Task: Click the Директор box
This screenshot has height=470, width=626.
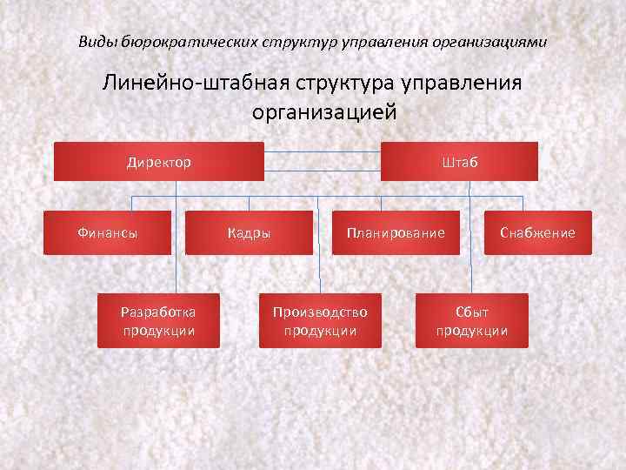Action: coord(159,162)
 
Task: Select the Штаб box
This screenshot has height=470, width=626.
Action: coord(459,162)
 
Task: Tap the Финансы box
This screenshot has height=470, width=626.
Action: coord(108,232)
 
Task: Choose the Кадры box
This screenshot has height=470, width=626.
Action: coord(250,232)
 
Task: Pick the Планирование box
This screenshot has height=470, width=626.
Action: coord(396,232)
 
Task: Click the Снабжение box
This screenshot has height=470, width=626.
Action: coord(537,232)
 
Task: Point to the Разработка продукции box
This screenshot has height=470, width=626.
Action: coord(158,320)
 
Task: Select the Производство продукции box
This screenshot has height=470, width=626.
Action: coord(320,320)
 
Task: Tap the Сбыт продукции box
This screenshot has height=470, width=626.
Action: coord(472,320)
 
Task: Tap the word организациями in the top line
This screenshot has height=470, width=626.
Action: coord(497,41)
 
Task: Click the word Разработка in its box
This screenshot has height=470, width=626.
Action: coord(158,312)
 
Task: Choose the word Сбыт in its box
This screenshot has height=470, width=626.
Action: coord(472,312)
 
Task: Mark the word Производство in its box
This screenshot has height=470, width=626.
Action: coord(320,312)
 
